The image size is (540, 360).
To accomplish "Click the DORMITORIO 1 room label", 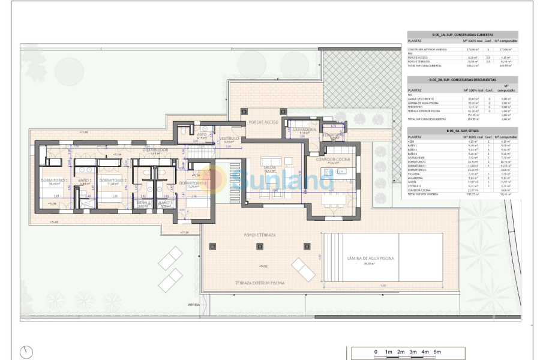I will tap(55, 180).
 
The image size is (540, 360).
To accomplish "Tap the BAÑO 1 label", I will tap(85, 180).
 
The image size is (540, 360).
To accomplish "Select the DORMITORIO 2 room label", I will tap(113, 180).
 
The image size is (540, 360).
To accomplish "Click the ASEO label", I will tap(202, 135).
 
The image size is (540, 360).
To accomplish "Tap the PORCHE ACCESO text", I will tap(262, 122).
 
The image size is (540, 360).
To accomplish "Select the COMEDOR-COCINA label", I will tap(333, 158).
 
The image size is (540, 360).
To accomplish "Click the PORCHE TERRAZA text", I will tap(259, 235).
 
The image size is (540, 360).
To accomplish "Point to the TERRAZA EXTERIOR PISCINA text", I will tap(259, 283).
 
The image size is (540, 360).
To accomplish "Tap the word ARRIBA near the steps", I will tap(194, 305).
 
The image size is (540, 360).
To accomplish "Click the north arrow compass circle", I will tap(26, 352).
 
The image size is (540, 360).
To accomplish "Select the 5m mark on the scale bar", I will tap(437, 352).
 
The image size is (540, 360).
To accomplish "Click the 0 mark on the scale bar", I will tap(376, 352).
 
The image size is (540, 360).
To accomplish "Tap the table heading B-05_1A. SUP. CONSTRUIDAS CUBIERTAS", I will tap(462, 35).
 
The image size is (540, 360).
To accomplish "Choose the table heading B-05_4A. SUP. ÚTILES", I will tap(462, 131).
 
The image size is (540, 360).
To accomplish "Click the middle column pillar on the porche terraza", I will tap(259, 245).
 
